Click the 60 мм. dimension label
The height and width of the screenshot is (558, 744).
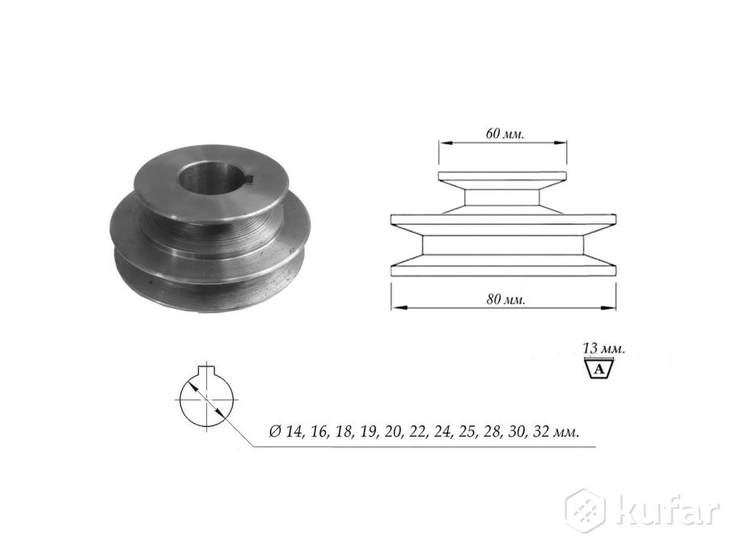coord(505,133)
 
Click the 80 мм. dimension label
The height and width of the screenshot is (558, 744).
coord(505,299)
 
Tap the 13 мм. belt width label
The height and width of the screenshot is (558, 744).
coord(603,349)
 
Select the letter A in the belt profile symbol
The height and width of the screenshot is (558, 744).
coord(600,369)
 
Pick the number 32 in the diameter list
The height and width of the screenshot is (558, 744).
coord(542,433)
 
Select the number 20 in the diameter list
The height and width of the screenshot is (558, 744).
coord(393,433)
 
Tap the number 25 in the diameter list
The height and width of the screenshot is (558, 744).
coord(468,433)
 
